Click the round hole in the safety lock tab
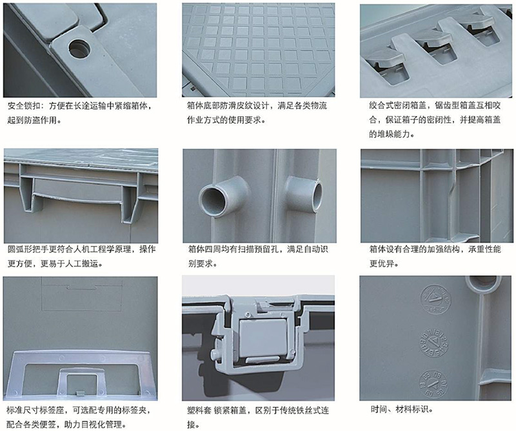click(79, 48)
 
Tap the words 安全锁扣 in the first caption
click(24, 106)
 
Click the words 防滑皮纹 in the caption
click(236, 106)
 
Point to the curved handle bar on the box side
click(79, 197)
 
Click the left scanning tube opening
click(212, 199)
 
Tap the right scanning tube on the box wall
click(304, 194)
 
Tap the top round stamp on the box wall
click(435, 299)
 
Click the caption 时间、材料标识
click(400, 409)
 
